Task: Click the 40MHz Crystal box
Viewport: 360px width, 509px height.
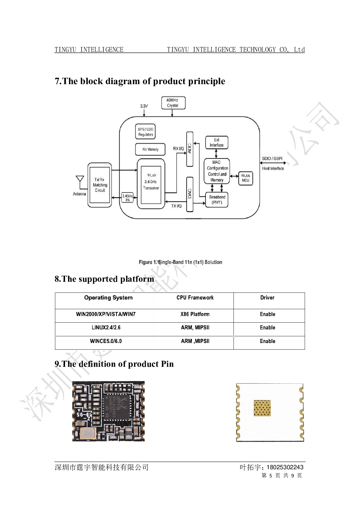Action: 173,103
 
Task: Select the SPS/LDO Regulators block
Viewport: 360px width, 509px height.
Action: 145,132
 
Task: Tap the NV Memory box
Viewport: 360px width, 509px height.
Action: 150,149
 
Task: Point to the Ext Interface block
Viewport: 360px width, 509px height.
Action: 217,142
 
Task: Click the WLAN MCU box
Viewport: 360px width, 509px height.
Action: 245,178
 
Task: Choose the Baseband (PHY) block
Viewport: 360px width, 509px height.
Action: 217,200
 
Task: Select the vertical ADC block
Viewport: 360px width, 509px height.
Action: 190,149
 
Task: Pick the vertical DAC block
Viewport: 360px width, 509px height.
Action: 190,194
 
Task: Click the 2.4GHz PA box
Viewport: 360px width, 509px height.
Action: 127,198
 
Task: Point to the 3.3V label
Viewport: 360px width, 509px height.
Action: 144,106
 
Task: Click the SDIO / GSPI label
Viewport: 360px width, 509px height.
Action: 272,158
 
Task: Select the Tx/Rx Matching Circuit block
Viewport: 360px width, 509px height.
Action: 100,185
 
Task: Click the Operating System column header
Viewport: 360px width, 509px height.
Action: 108,298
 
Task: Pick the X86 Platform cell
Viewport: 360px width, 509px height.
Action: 195,314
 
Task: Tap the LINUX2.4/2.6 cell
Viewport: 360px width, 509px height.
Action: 106,328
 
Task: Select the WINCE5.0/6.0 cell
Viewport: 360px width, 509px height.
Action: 106,341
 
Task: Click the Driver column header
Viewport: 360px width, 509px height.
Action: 267,298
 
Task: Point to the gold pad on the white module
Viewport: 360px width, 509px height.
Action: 262,408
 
